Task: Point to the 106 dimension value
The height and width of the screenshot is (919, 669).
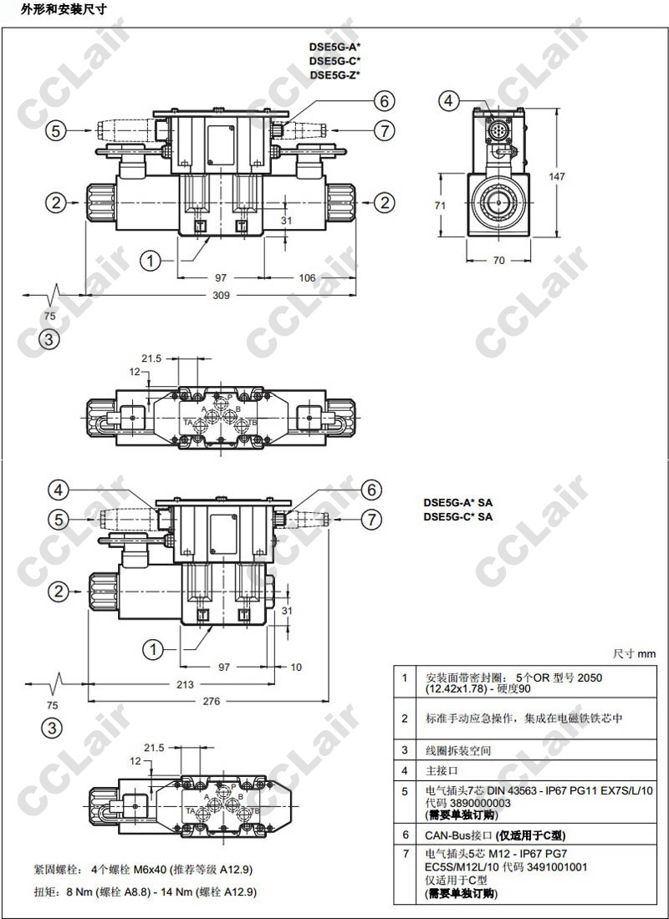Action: click(306, 277)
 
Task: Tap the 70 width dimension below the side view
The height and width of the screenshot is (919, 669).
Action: click(498, 260)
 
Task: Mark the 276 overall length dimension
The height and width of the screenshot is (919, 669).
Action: click(211, 702)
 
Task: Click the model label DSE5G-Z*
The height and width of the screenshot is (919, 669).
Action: click(334, 75)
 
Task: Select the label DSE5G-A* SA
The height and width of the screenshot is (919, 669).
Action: click(457, 503)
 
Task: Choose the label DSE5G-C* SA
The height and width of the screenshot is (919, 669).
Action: click(457, 517)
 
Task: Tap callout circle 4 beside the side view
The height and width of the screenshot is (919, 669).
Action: click(449, 101)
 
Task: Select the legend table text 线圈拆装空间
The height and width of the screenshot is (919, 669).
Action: click(458, 750)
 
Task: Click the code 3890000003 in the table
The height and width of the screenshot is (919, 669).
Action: click(482, 803)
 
